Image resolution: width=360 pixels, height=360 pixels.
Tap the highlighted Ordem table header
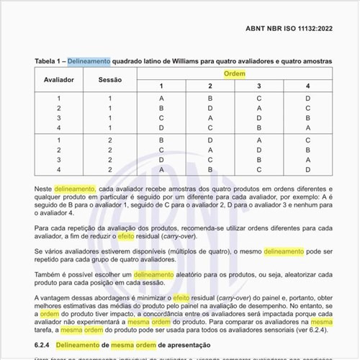234,74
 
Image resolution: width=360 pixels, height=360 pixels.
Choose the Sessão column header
110,80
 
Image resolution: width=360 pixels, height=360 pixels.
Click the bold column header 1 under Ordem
161,86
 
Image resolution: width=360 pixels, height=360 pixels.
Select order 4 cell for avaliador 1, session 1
307,97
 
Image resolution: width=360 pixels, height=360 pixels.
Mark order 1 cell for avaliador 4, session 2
161,170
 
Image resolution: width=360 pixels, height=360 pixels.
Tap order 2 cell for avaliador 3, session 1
210,117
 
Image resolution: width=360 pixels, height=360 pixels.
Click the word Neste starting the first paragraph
43,188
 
